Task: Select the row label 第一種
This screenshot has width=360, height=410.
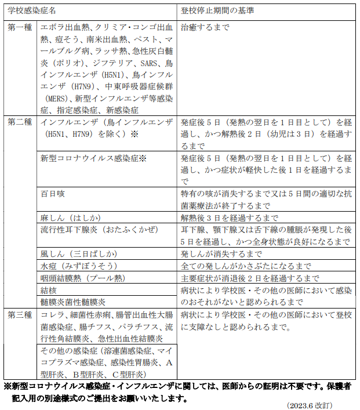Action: coord(20,27)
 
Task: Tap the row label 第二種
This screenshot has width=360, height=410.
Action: coord(20,122)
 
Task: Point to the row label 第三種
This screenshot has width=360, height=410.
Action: coord(20,314)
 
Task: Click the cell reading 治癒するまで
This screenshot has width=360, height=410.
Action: coord(205,27)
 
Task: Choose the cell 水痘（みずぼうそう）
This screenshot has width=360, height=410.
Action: coord(78,266)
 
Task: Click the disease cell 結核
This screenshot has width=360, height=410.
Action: coord(49,290)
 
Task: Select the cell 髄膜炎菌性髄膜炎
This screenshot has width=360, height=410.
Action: coord(72,302)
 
